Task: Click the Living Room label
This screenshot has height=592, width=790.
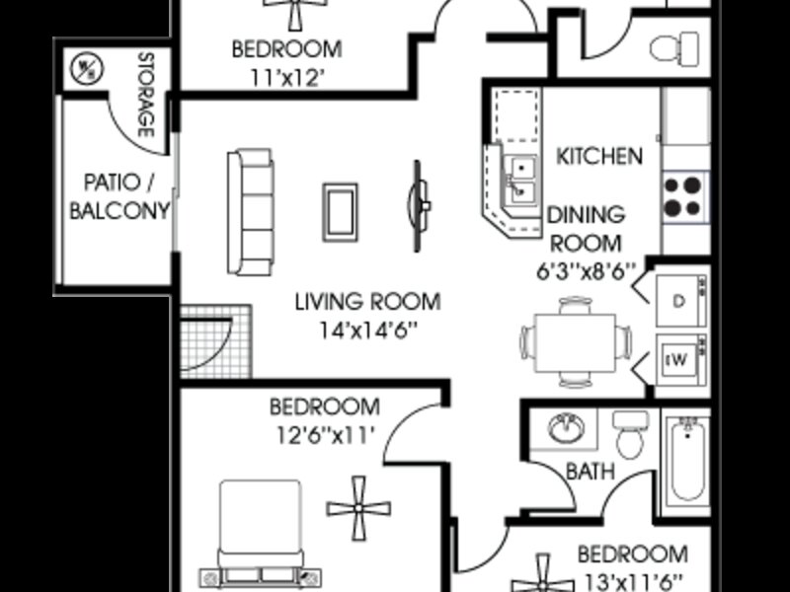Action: point(367,302)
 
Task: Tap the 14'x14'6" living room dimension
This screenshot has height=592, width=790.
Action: point(368,331)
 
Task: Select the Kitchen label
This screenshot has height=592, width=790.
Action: point(599,156)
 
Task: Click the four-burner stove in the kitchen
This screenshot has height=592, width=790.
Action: point(684,196)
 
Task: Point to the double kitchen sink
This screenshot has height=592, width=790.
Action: point(522,180)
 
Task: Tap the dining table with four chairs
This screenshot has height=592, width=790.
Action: point(576,342)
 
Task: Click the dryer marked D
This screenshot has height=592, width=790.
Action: point(681,301)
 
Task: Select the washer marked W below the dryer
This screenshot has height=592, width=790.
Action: point(681,360)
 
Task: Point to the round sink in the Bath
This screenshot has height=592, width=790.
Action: point(566,428)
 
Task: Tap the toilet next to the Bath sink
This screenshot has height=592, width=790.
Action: point(630,434)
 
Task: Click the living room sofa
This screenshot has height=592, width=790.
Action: point(251,212)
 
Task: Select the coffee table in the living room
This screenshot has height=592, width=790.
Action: point(341,212)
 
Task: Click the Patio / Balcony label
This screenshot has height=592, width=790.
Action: point(118,196)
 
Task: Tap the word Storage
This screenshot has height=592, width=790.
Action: point(145,95)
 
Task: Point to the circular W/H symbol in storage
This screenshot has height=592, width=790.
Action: point(87,68)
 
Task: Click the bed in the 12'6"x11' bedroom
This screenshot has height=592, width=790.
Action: point(261,534)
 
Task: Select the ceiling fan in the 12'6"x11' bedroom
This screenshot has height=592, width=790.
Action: point(358,508)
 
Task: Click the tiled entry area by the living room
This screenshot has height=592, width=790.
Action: point(216,341)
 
